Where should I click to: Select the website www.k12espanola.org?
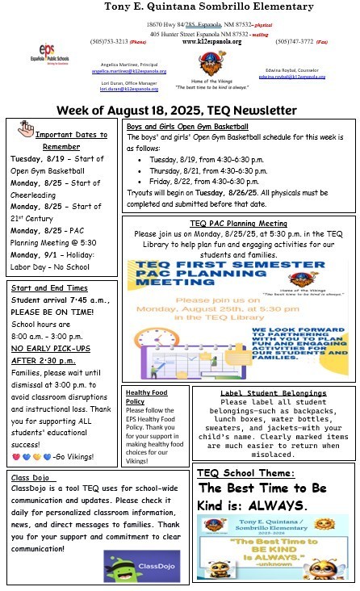pyautogui.click(x=211, y=41)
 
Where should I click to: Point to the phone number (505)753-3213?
pyautogui.click(x=107, y=41)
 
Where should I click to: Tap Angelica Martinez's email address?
pyautogui.click(x=120, y=71)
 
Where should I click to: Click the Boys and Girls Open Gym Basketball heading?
pyautogui.click(x=186, y=127)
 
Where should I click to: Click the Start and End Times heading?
pyautogui.click(x=49, y=287)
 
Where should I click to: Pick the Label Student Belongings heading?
pyautogui.click(x=273, y=392)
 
